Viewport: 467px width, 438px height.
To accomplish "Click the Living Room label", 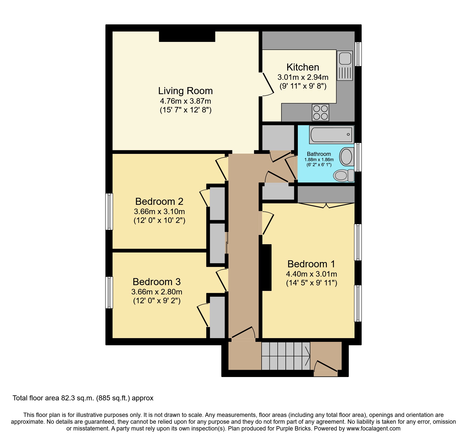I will pyautogui.click(x=185, y=91).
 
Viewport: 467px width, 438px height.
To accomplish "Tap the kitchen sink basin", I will pyautogui.click(x=345, y=58).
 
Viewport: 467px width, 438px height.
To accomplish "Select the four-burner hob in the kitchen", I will pyautogui.click(x=320, y=112).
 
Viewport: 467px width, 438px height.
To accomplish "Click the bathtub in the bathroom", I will pyautogui.click(x=331, y=135).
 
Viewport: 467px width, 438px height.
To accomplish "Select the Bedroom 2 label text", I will pyautogui.click(x=159, y=201).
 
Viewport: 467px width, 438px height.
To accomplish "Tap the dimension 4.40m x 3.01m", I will pyautogui.click(x=311, y=274).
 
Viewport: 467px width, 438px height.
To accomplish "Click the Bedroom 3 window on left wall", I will pyautogui.click(x=109, y=292).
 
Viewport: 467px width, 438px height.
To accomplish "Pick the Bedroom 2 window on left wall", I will pyautogui.click(x=109, y=211).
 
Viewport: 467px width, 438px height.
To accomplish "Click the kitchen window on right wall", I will pyautogui.click(x=358, y=54).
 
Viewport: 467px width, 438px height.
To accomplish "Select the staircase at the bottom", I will pyautogui.click(x=285, y=356).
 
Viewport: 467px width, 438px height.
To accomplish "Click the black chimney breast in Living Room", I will pyautogui.click(x=187, y=37).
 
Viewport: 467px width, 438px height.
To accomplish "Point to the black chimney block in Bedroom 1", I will pyautogui.click(x=267, y=267).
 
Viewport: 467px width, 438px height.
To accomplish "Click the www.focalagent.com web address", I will pyautogui.click(x=373, y=428).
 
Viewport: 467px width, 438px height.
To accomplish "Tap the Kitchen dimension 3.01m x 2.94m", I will pyautogui.click(x=303, y=77).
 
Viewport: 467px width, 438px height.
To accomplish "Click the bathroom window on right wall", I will pyautogui.click(x=358, y=157).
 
